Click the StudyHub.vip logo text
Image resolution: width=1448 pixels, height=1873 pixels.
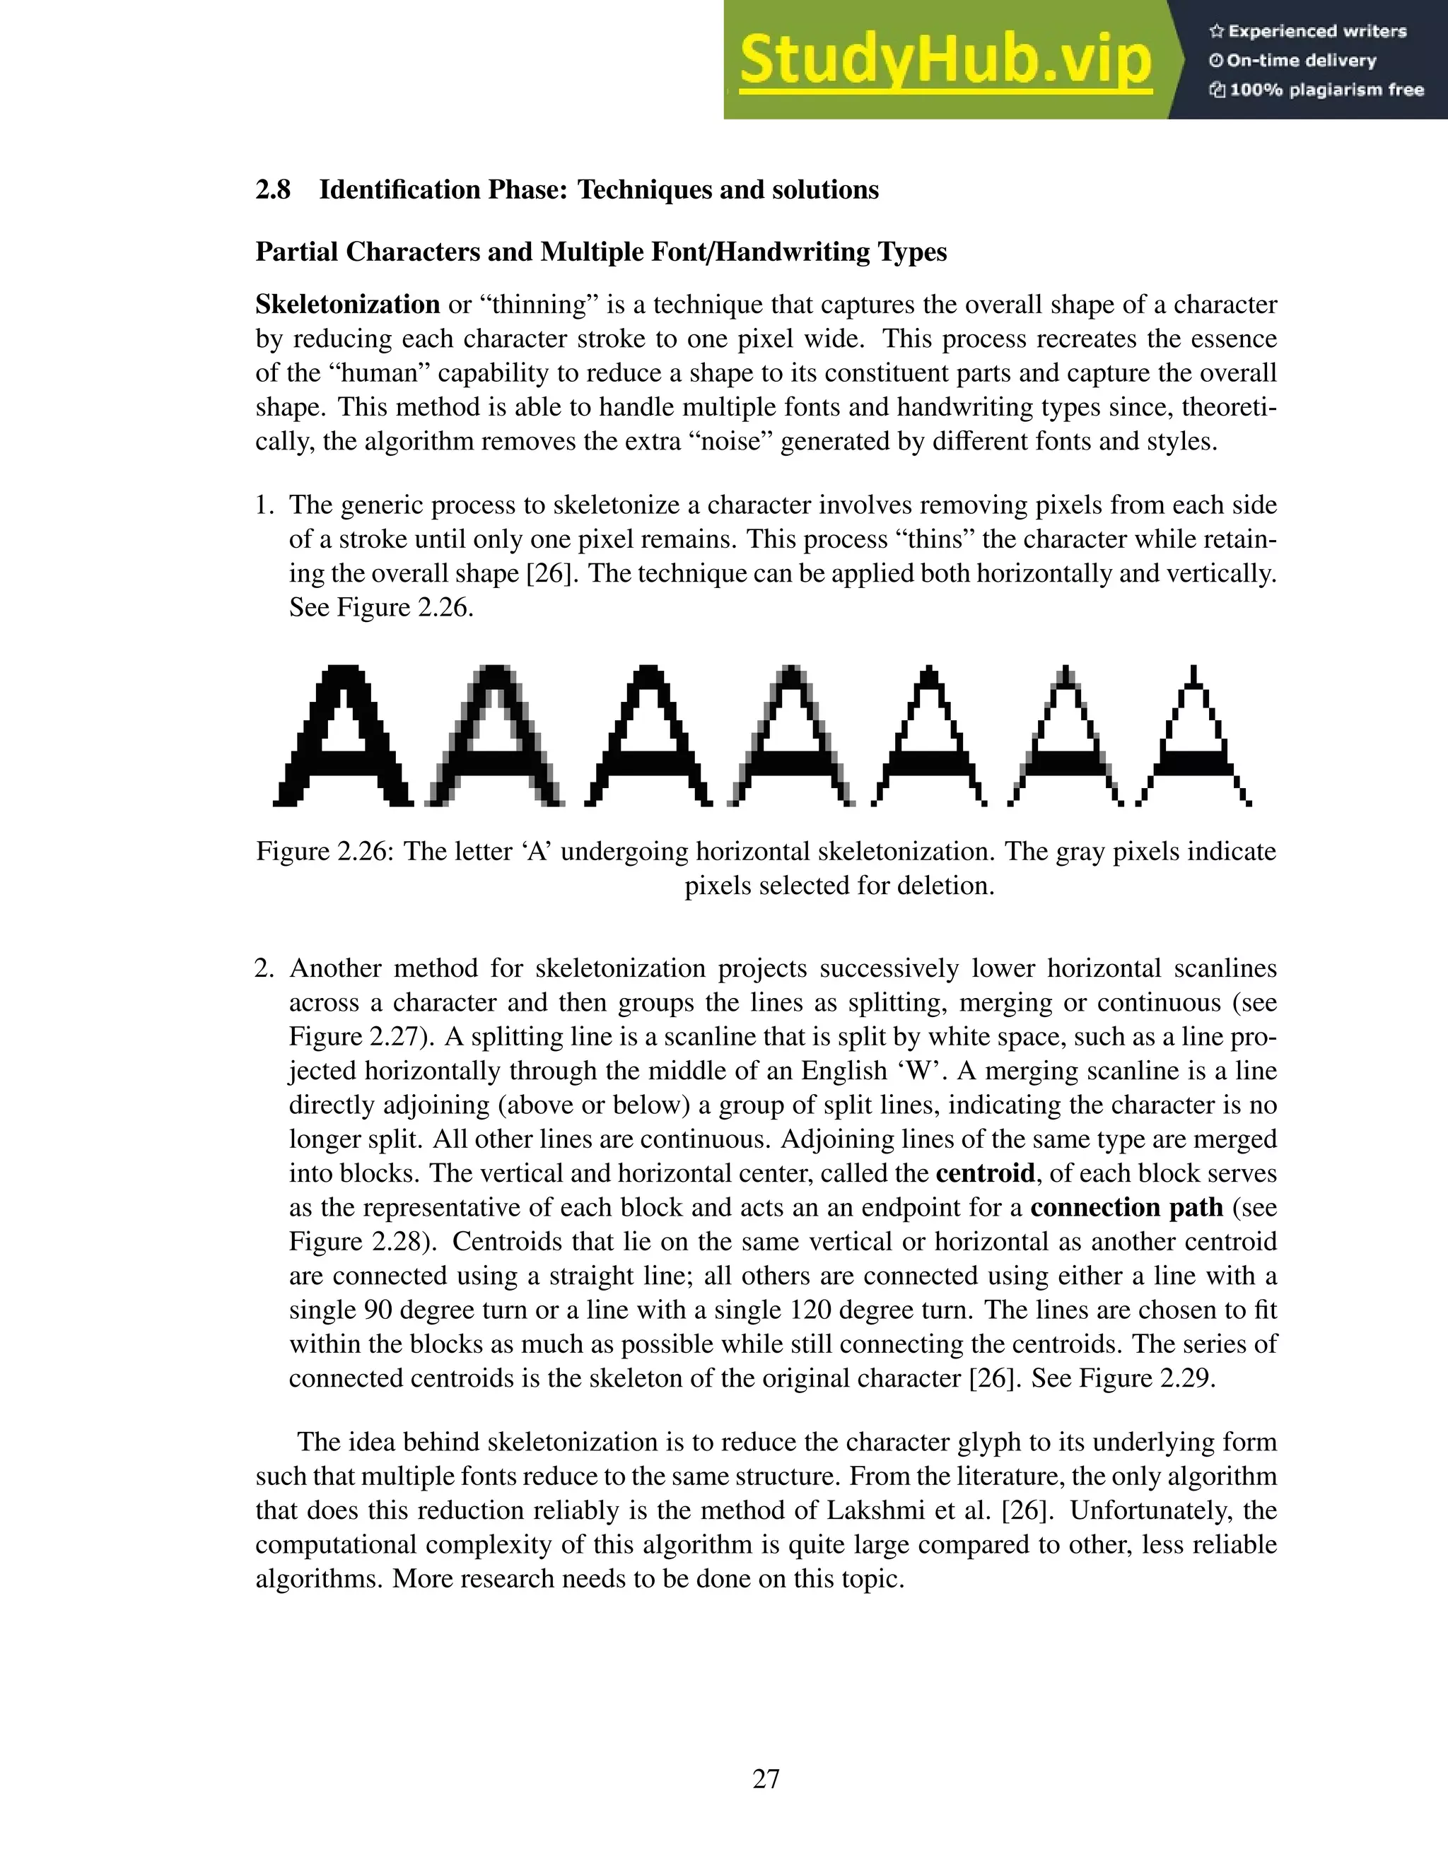tap(945, 60)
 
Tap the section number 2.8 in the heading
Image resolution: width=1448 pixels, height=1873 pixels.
tap(273, 189)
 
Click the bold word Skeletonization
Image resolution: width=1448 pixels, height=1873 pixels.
tap(347, 305)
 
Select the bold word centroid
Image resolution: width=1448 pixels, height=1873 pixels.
tap(985, 1173)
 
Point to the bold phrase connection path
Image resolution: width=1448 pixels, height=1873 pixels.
tap(1126, 1207)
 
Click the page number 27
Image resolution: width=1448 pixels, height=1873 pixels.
tap(766, 1779)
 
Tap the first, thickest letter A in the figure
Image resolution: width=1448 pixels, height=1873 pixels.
tap(343, 736)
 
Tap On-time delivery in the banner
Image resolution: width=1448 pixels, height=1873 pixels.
tap(1302, 61)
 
